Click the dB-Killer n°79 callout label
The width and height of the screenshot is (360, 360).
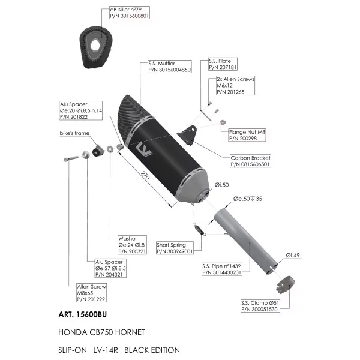(x=130, y=13)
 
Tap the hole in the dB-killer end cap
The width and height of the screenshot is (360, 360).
(x=95, y=45)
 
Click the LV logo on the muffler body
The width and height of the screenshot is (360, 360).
(x=144, y=149)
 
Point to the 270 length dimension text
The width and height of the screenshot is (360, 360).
(x=145, y=175)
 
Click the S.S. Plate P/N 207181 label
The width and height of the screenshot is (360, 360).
(x=223, y=64)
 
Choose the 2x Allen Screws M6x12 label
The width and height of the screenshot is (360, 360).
(x=235, y=85)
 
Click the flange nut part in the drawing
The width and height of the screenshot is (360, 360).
(x=223, y=122)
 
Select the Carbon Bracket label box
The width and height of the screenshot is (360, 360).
(x=250, y=161)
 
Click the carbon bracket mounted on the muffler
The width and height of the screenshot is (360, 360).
(x=187, y=135)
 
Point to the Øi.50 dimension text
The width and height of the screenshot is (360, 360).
(x=222, y=185)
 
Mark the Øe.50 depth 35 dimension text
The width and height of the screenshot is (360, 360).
(x=248, y=199)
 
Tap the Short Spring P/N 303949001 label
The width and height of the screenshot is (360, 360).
(x=175, y=248)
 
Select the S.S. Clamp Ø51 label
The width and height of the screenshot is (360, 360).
(x=260, y=306)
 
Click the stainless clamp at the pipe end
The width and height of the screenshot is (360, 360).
(x=286, y=284)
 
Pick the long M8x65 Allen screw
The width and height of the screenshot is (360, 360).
(x=71, y=158)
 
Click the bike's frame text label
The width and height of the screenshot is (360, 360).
(x=74, y=133)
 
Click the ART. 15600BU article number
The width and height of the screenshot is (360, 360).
(x=83, y=314)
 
